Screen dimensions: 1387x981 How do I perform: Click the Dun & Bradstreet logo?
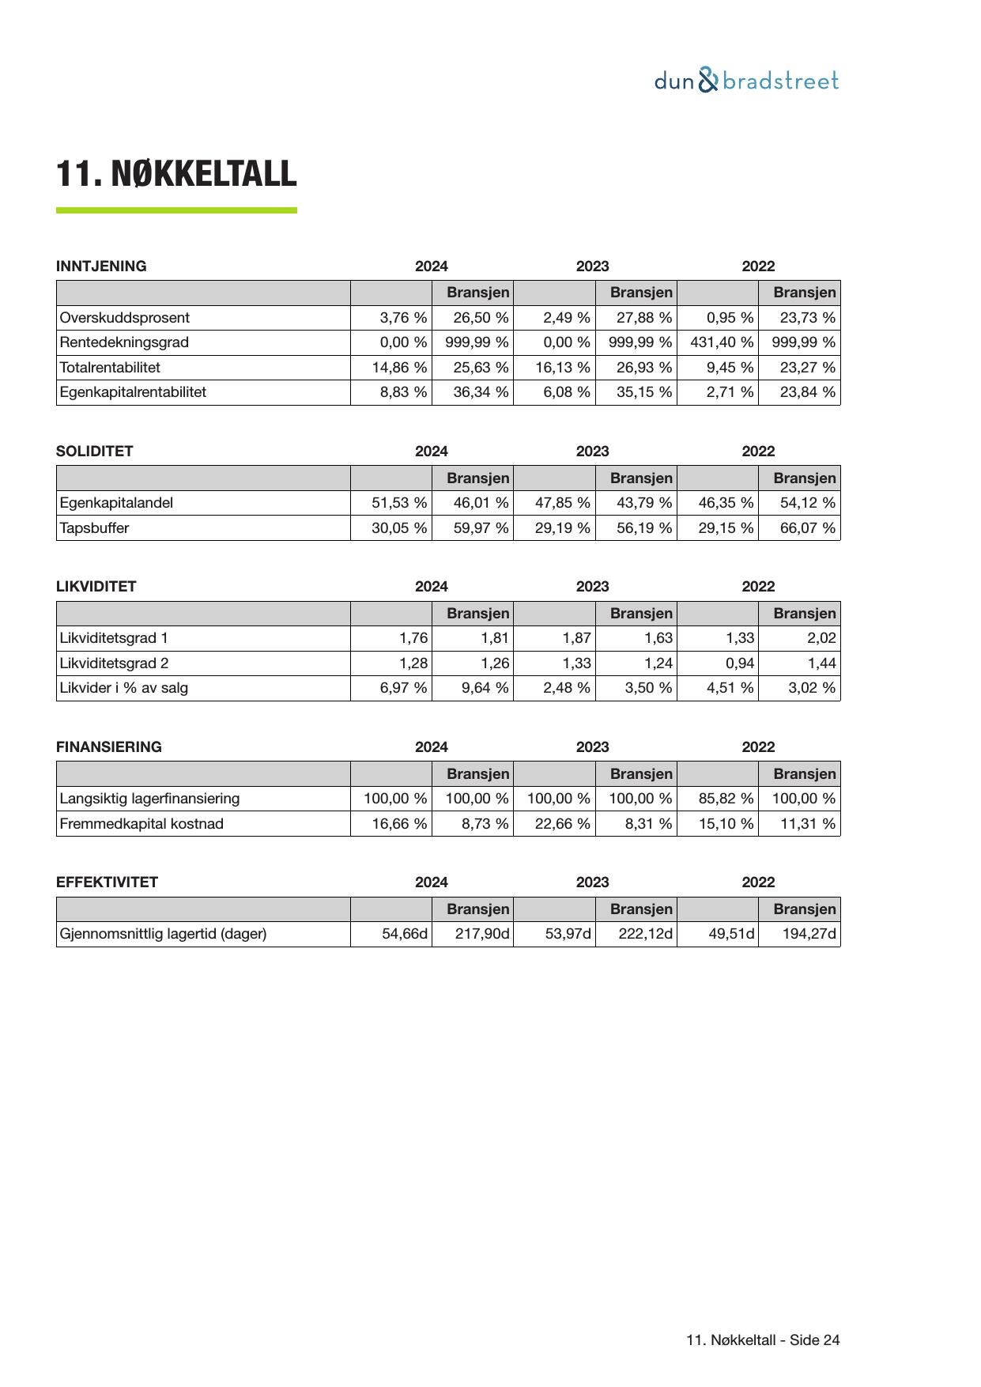(x=746, y=81)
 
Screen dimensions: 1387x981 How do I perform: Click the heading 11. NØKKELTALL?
(x=176, y=174)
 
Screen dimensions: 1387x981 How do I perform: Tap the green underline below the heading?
(x=176, y=210)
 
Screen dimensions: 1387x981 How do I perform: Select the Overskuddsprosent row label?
(x=125, y=318)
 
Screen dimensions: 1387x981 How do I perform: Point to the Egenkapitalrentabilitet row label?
(x=133, y=392)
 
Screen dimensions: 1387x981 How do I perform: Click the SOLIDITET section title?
(x=95, y=452)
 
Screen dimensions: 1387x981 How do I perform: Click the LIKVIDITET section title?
(x=96, y=587)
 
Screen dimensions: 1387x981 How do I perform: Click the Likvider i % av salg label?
(x=124, y=688)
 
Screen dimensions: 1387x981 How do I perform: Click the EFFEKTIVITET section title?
(x=108, y=882)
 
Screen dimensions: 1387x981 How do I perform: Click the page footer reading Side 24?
(x=763, y=1340)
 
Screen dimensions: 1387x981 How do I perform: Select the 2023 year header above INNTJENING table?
(x=592, y=266)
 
